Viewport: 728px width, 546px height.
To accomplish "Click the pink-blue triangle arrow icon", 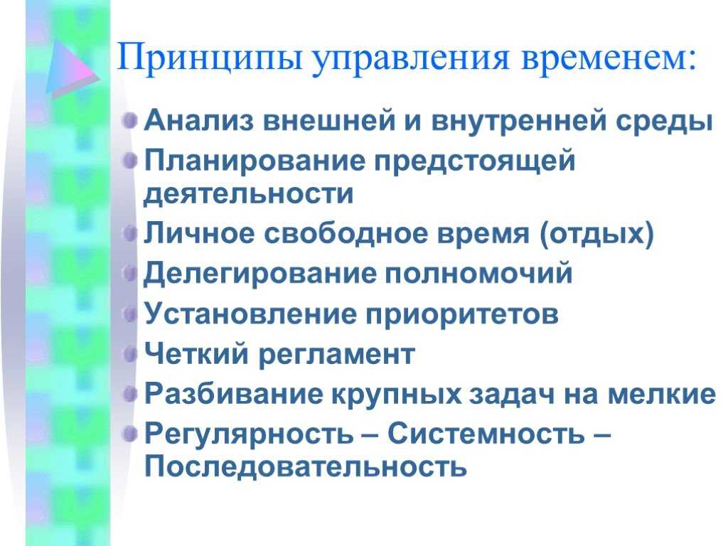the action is [73, 69].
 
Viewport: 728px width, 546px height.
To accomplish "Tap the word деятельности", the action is [248, 193].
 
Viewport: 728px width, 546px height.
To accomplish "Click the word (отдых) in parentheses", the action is [596, 233].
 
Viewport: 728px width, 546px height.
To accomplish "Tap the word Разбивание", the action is [233, 394].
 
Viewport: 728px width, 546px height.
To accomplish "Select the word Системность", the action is [486, 434].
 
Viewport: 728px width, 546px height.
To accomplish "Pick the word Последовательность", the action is [306, 466].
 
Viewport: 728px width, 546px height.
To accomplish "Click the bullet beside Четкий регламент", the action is [131, 354].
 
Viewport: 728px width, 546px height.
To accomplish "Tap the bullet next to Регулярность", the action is [131, 434].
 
